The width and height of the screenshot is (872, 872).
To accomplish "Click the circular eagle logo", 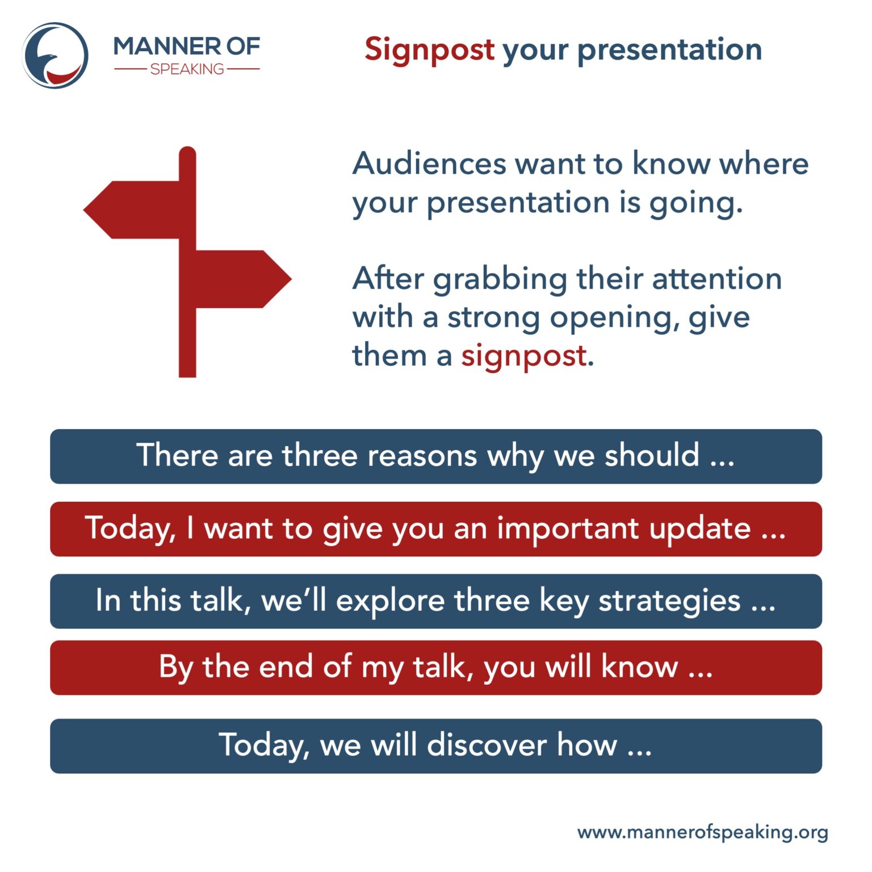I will click(x=55, y=56).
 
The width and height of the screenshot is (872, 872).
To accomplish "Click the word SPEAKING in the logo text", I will click(x=187, y=69).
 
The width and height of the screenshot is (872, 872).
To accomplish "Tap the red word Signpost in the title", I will click(x=429, y=49).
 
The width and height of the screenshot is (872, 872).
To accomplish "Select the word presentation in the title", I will click(x=669, y=50).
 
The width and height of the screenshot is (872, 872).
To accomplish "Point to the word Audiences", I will click(x=429, y=164).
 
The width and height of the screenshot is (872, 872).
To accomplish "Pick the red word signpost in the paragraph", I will click(x=523, y=357).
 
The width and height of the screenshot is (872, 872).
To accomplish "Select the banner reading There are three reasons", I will click(x=435, y=456).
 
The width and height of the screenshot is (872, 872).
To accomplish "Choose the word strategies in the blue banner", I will click(x=669, y=601).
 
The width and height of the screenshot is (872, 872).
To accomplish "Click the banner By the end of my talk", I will click(x=435, y=667).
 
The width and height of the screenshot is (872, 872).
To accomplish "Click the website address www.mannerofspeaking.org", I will click(x=702, y=833).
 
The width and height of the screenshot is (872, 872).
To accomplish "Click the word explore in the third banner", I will click(x=390, y=601).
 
